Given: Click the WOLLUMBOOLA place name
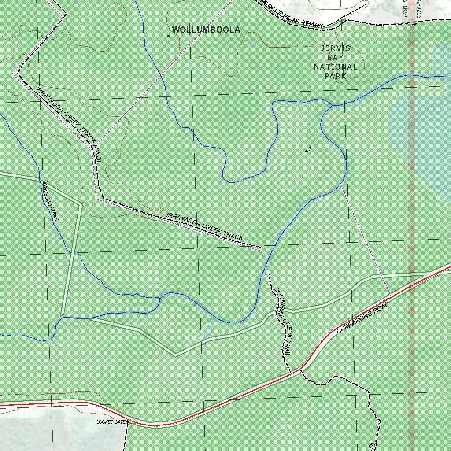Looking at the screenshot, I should click(x=206, y=30).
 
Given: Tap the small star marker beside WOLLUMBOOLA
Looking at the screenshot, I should click(x=168, y=36).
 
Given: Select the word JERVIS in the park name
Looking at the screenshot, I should click(x=336, y=48).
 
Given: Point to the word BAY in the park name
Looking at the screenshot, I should click(x=336, y=57).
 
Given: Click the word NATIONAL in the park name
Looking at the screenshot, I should click(x=336, y=67).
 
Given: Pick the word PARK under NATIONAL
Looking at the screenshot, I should click(x=336, y=76).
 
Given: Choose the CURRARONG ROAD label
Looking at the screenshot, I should click(x=363, y=318).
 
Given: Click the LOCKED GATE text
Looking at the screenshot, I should click(x=111, y=422).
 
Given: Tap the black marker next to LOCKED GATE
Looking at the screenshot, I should click(x=128, y=422).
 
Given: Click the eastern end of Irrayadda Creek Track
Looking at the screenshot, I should click(x=261, y=247).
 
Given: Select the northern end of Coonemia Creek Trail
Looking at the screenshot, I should click(x=267, y=274).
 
